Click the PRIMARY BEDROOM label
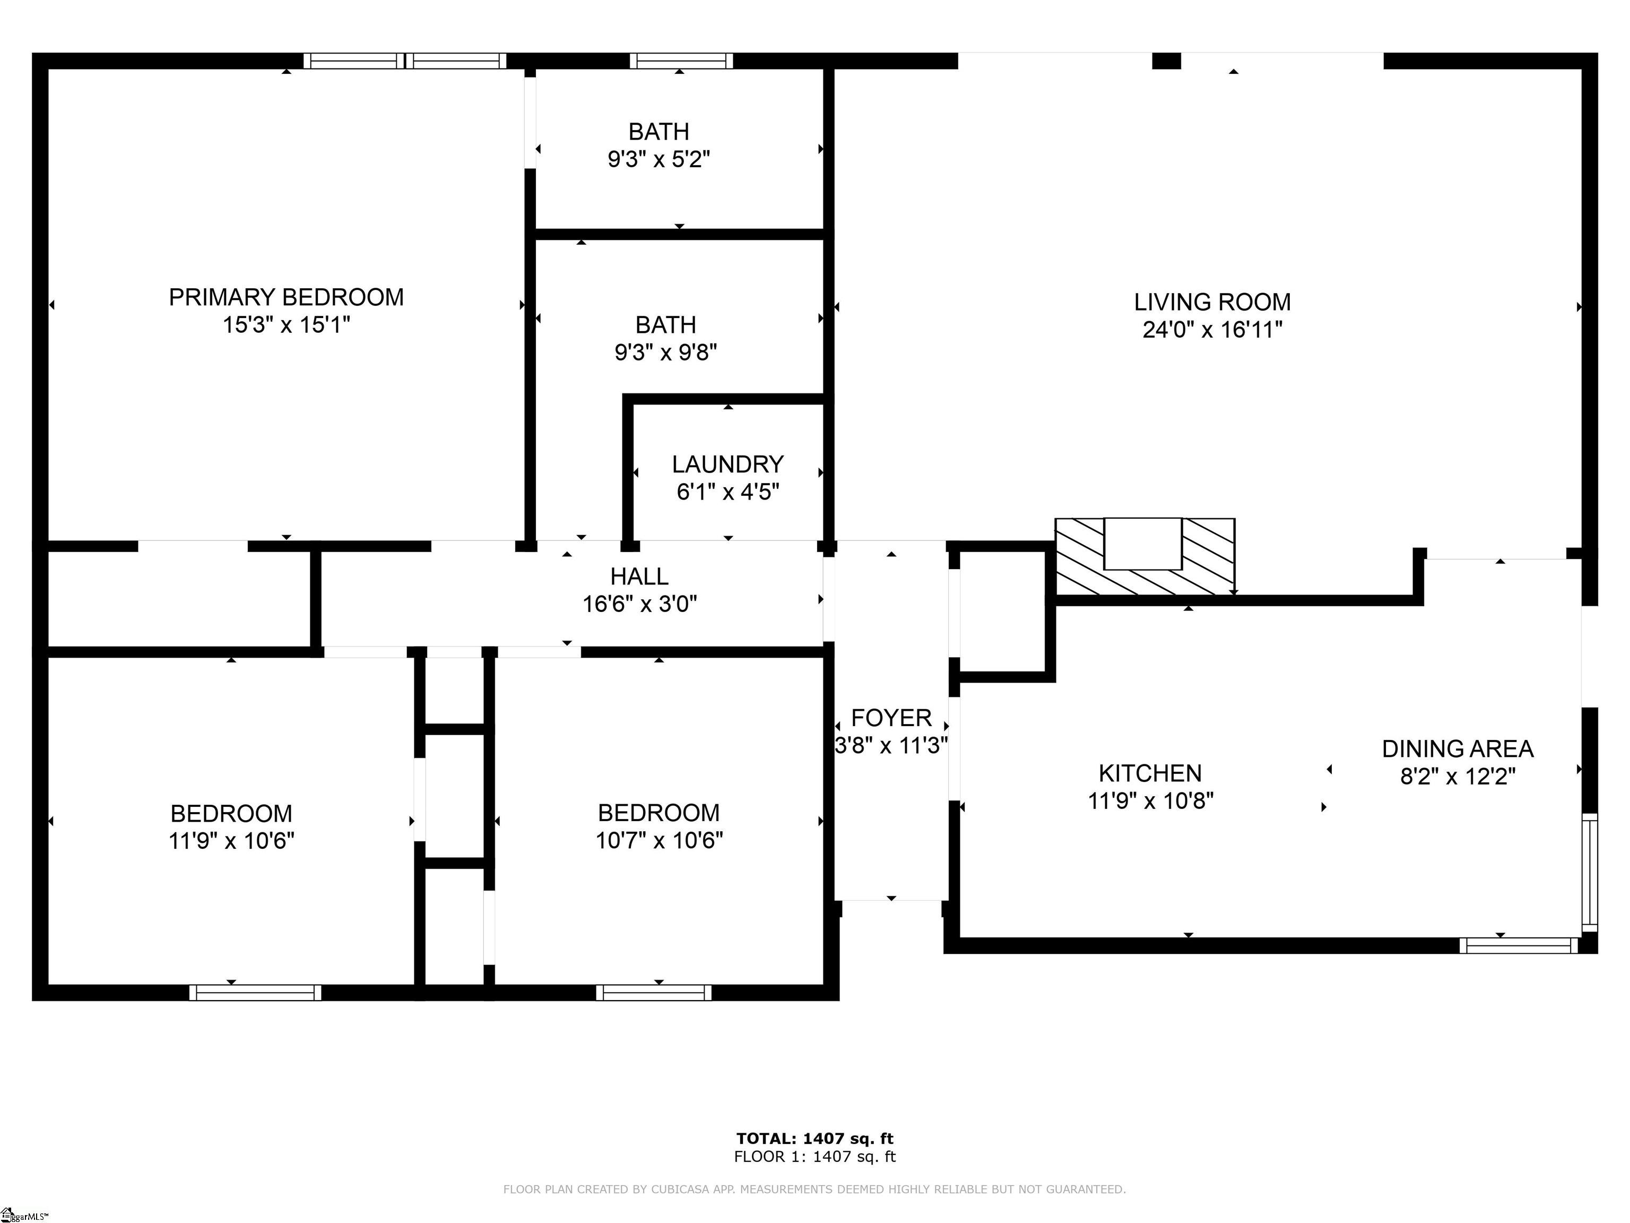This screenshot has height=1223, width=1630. click(286, 297)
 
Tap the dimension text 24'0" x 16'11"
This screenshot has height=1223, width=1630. click(1212, 330)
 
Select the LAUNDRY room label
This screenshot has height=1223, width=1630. click(727, 464)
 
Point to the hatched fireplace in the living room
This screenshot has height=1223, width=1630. click(1145, 557)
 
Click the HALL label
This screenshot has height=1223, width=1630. click(639, 576)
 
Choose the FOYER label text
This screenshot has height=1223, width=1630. click(891, 718)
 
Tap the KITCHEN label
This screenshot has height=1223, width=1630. click(1150, 773)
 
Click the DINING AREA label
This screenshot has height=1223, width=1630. click(1457, 749)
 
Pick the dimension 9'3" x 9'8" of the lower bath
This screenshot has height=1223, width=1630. click(665, 352)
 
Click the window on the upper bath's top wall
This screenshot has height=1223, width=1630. click(681, 61)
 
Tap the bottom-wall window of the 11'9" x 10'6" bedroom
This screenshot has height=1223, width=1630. click(255, 992)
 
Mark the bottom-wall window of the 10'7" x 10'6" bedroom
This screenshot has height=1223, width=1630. click(654, 992)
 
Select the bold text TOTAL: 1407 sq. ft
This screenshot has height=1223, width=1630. click(814, 1139)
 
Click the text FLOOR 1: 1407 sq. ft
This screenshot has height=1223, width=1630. click(814, 1157)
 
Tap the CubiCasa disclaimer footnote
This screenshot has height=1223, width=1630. click(814, 1189)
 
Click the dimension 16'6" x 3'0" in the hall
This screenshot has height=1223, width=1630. click(639, 605)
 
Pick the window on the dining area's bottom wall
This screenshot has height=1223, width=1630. click(1518, 945)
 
